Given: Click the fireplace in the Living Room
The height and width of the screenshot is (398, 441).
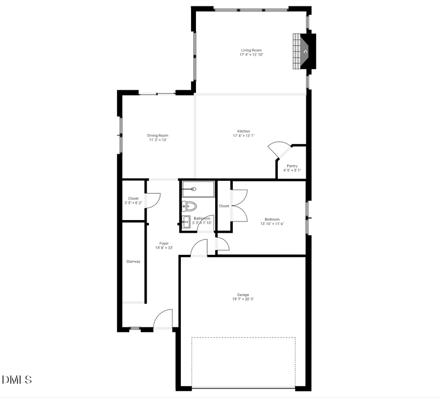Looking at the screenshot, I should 305,51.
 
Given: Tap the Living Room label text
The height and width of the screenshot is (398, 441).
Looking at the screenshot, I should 251,50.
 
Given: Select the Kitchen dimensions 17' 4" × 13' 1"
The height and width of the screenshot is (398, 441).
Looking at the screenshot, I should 244,136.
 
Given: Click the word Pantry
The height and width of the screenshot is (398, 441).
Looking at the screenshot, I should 292,166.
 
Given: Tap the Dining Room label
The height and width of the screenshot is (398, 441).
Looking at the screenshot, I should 158,135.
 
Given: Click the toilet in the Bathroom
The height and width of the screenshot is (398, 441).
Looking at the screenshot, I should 189,205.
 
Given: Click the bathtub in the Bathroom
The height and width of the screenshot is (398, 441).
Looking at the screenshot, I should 198,189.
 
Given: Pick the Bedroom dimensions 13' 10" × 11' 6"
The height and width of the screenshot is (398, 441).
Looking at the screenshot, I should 272,224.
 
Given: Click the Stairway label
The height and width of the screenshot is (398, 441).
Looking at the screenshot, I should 133,261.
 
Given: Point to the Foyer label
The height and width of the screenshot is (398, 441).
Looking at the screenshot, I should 164,243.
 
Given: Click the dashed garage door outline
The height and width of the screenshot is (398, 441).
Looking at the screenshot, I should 243,338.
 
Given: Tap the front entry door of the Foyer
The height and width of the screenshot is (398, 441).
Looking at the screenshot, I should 163,320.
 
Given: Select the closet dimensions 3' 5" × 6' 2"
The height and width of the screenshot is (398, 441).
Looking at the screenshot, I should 133,203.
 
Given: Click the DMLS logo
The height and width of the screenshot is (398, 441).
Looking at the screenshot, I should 17,379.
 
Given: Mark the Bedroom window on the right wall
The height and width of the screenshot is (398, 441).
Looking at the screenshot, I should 307,217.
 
